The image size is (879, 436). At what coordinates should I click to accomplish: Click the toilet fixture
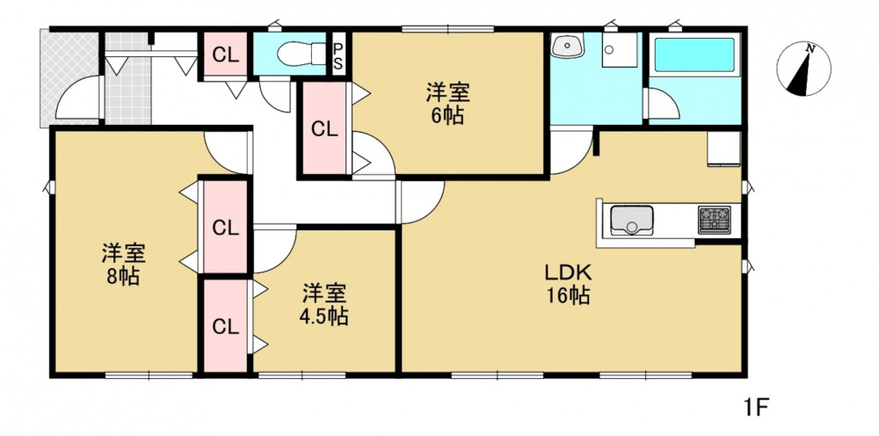(301, 54)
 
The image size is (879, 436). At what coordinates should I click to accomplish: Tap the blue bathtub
(694, 54)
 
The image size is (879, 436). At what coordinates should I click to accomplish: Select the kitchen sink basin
(631, 221)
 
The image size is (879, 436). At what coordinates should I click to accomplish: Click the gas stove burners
(714, 220)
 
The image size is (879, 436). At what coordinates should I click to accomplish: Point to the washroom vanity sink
(568, 46)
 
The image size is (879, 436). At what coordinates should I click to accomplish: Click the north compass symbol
(803, 69)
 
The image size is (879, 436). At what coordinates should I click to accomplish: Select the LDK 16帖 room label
(569, 284)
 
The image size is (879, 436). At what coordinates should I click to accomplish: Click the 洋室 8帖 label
(123, 265)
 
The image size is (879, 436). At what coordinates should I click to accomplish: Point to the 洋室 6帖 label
(447, 103)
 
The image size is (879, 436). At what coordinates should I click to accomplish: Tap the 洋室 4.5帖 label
(325, 305)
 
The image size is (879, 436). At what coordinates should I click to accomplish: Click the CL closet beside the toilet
(225, 55)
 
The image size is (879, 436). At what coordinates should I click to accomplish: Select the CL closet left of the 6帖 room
(324, 129)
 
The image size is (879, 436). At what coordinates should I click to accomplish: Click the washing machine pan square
(620, 50)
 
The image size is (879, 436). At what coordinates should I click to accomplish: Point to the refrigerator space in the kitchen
(724, 149)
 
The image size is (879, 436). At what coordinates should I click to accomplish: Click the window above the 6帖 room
(447, 29)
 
